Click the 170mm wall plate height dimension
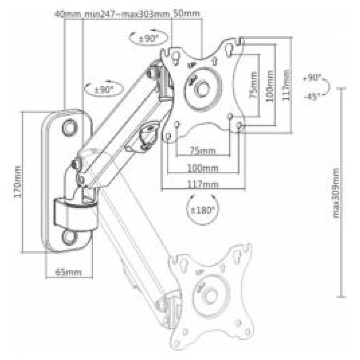tap(18, 184)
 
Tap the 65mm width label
tap(68, 272)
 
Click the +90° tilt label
tap(312, 78)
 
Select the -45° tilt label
tap(312, 96)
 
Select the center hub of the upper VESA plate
tap(202, 89)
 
